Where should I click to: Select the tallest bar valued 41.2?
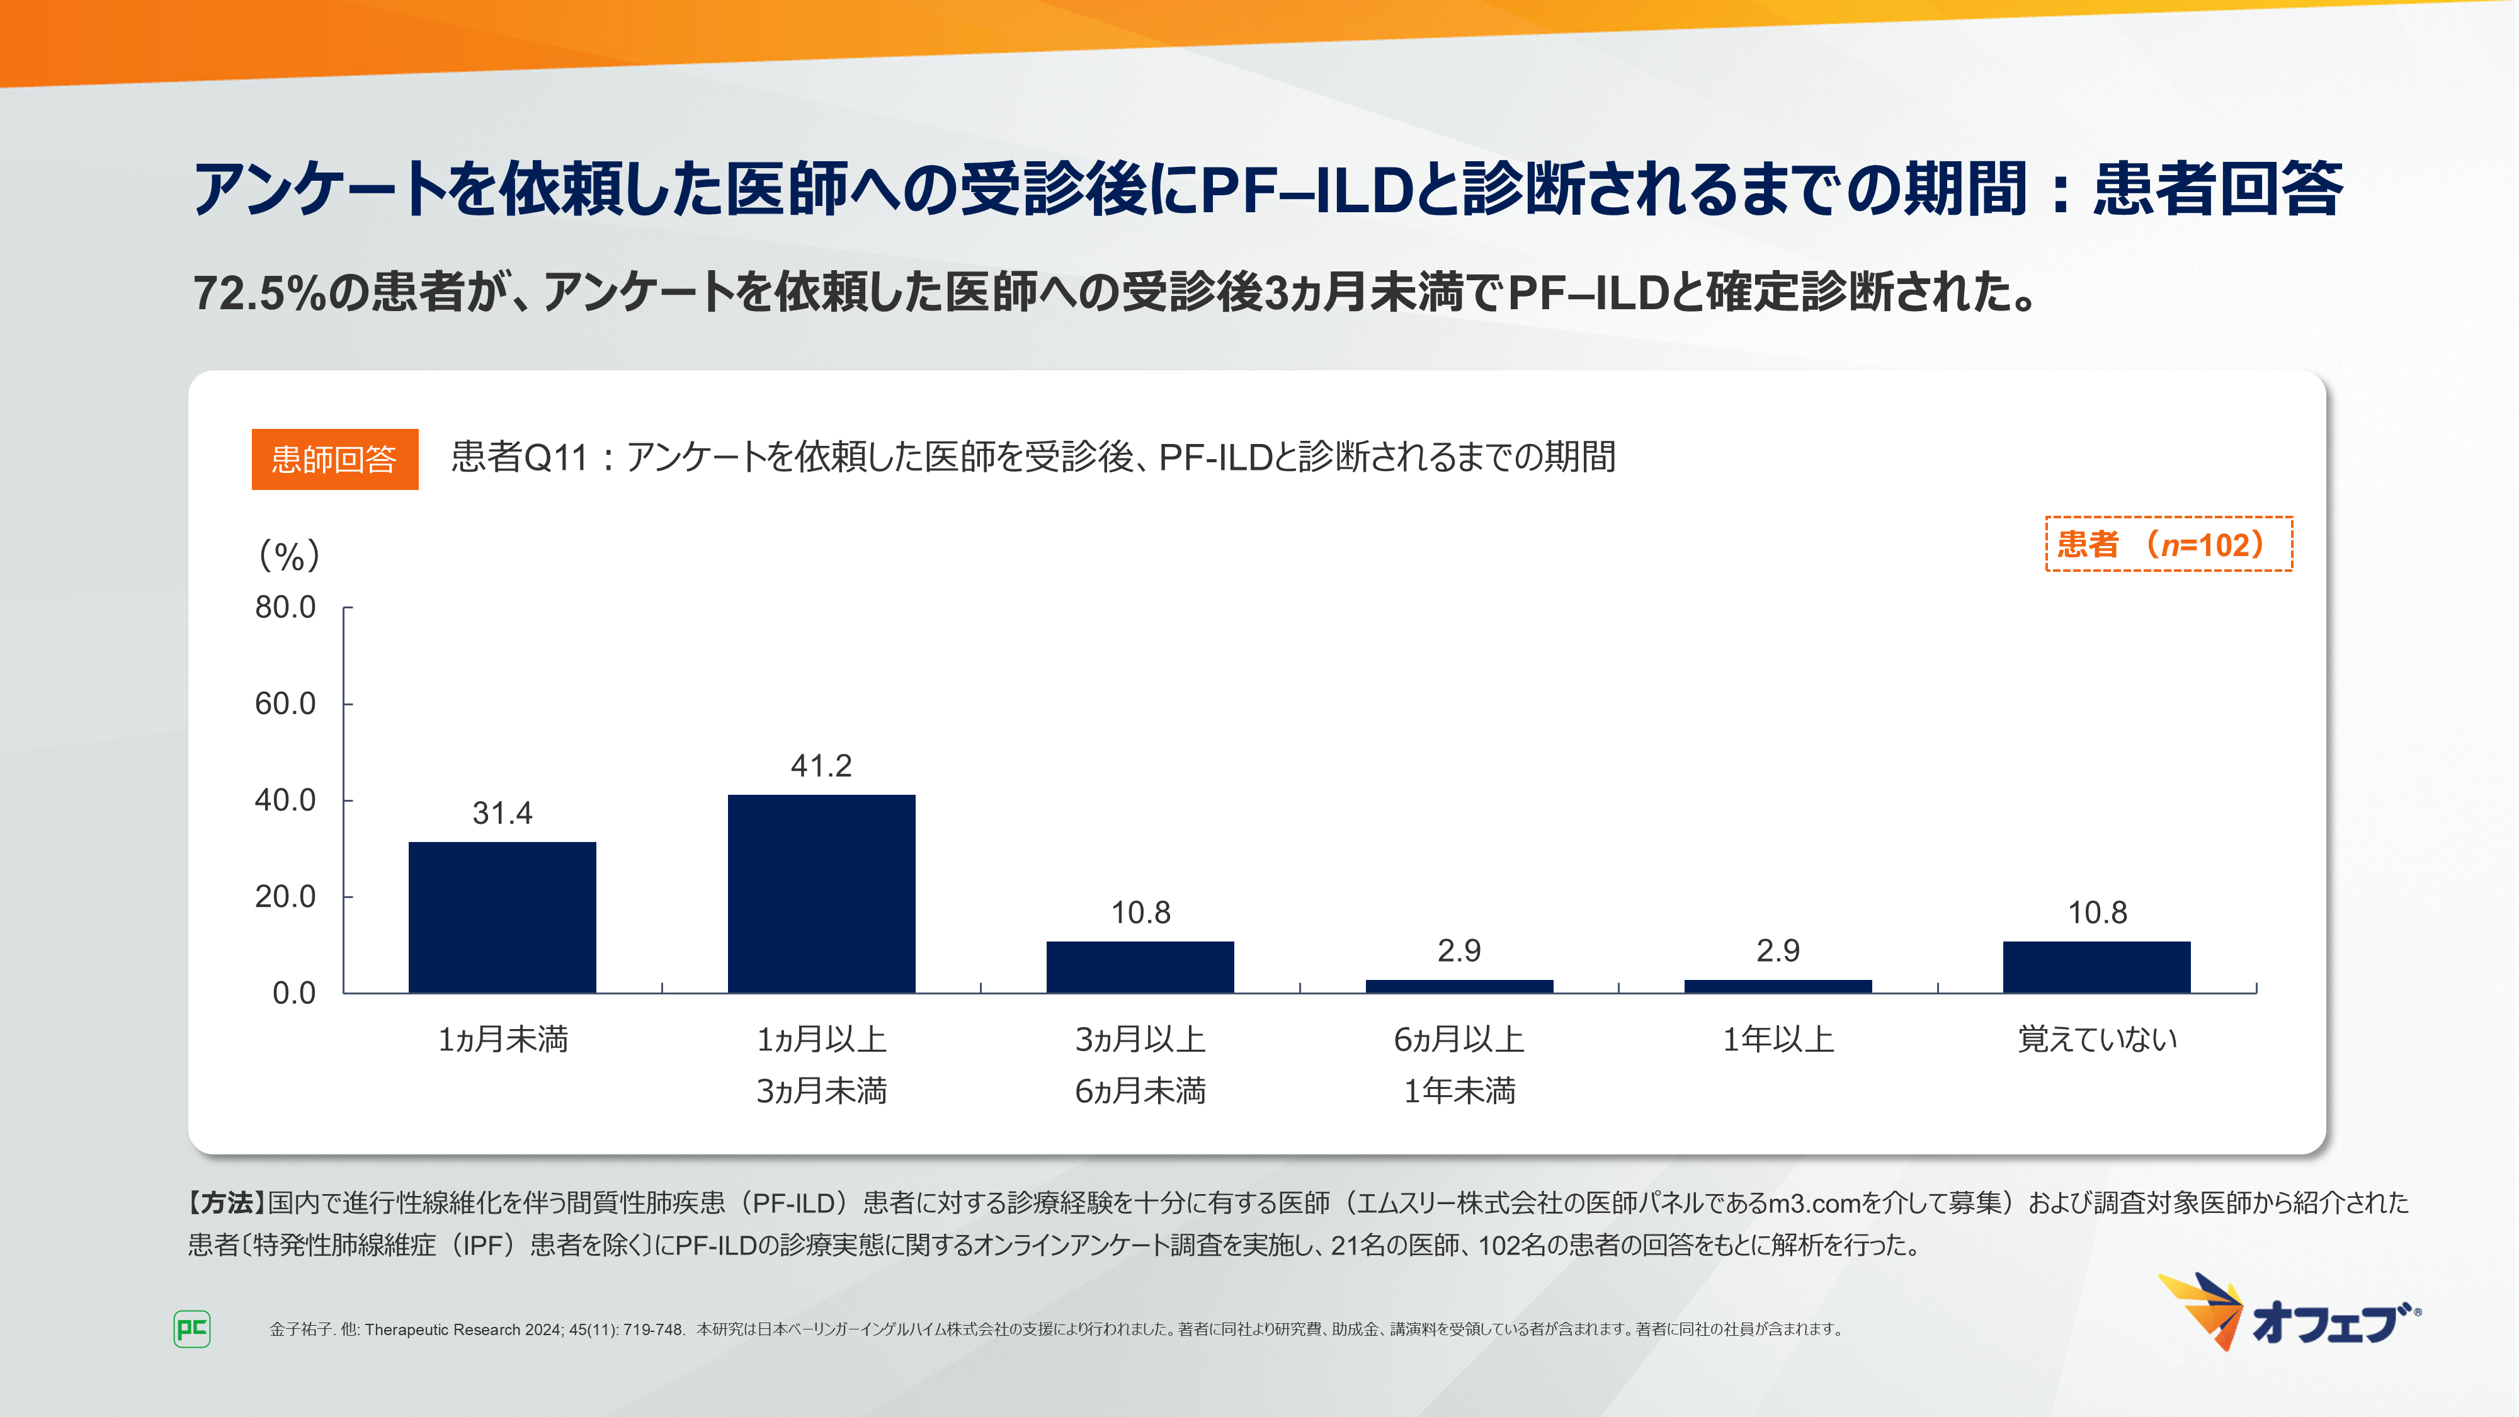tap(821, 893)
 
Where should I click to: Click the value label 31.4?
tap(502, 812)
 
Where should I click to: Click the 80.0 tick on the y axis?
tap(285, 607)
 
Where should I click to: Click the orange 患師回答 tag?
tap(334, 458)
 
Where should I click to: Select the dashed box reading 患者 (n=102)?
tap(2168, 543)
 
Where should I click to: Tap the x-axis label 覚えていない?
tap(2096, 1039)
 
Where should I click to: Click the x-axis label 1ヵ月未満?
tap(502, 1039)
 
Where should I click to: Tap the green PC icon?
tap(191, 1329)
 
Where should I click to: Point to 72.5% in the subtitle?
tap(259, 292)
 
